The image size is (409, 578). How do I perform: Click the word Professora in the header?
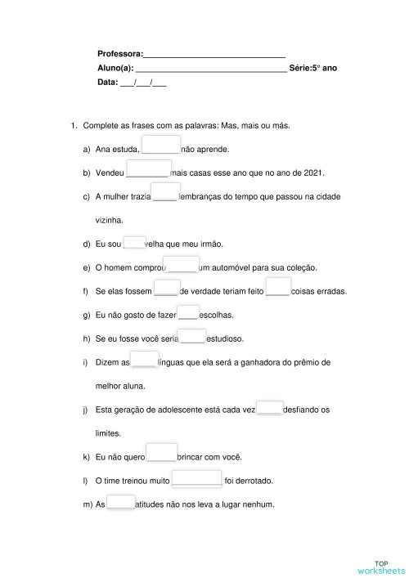119,54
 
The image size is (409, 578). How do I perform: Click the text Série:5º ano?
312,69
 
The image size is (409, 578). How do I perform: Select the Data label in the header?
107,83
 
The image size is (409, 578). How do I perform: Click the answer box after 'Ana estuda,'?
160,146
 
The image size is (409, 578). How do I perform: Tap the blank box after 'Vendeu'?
148,168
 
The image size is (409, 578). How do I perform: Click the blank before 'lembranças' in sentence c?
166,192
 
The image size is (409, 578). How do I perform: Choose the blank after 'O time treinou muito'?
196,477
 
